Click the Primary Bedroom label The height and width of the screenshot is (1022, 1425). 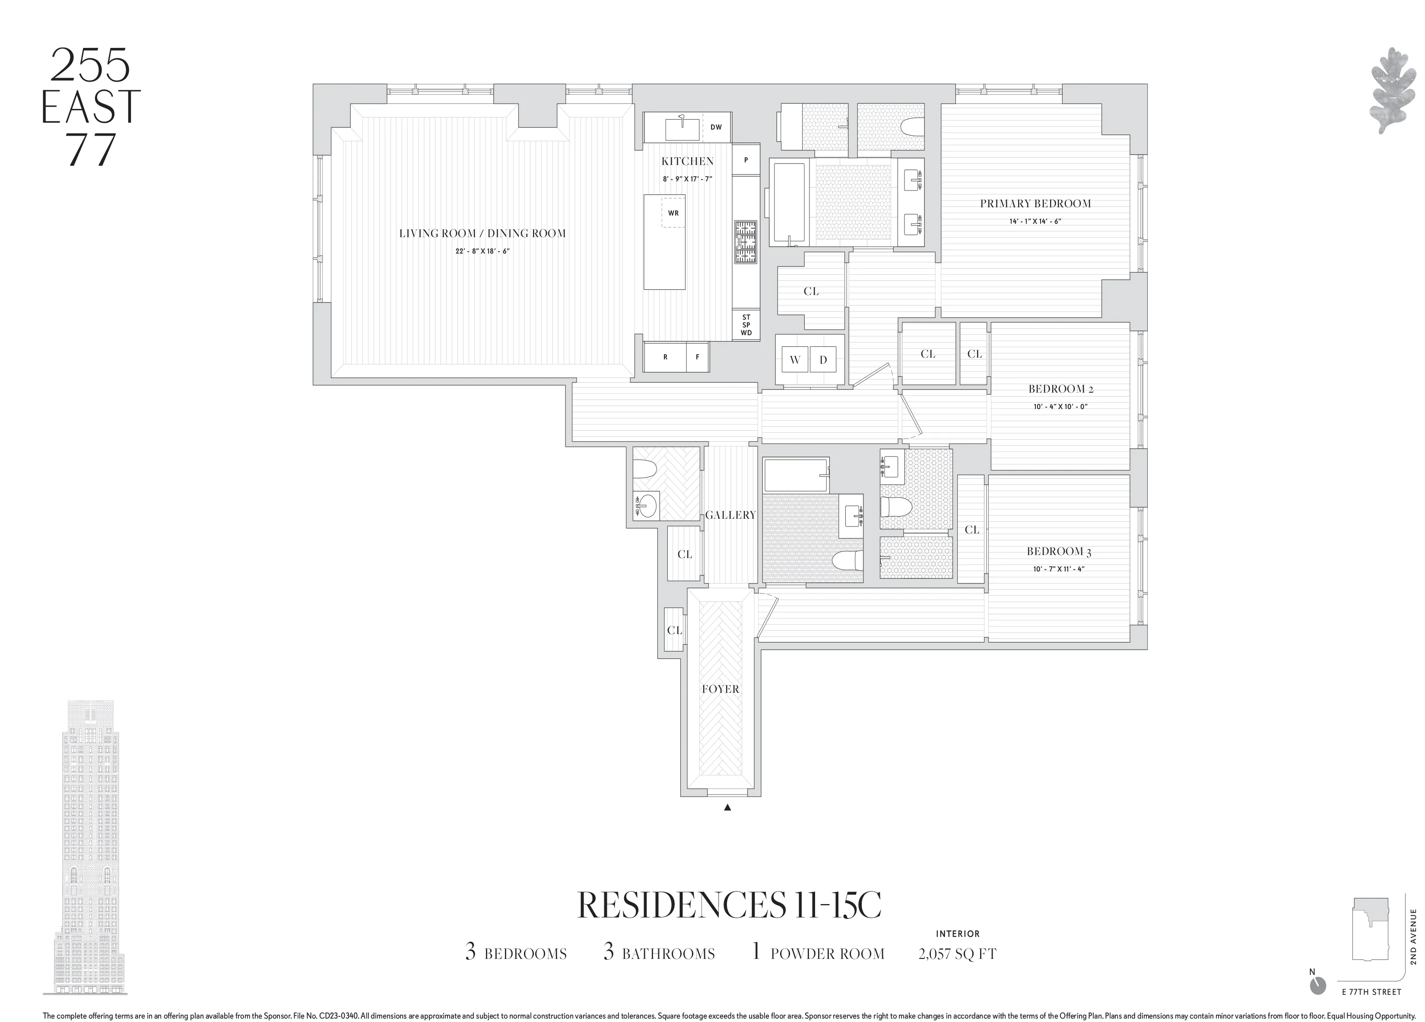tap(1035, 203)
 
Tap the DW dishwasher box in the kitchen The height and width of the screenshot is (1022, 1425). tap(716, 127)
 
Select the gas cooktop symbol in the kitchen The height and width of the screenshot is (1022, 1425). tap(745, 242)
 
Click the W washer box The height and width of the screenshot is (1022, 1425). tap(795, 360)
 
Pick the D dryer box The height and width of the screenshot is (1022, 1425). tap(823, 360)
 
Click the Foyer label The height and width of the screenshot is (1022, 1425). tap(720, 689)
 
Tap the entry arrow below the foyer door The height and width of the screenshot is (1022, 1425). tap(727, 808)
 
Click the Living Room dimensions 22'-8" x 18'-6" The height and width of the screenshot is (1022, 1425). tap(482, 251)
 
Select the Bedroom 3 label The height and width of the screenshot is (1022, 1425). tap(1059, 552)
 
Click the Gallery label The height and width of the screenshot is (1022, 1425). tap(730, 515)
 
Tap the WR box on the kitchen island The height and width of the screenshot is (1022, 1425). tap(673, 213)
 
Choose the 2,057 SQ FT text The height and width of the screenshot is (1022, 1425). tap(957, 953)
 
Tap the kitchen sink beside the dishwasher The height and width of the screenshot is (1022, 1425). tap(681, 128)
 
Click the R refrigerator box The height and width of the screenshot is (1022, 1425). tap(665, 357)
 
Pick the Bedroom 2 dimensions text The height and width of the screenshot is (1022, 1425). tap(1060, 406)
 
